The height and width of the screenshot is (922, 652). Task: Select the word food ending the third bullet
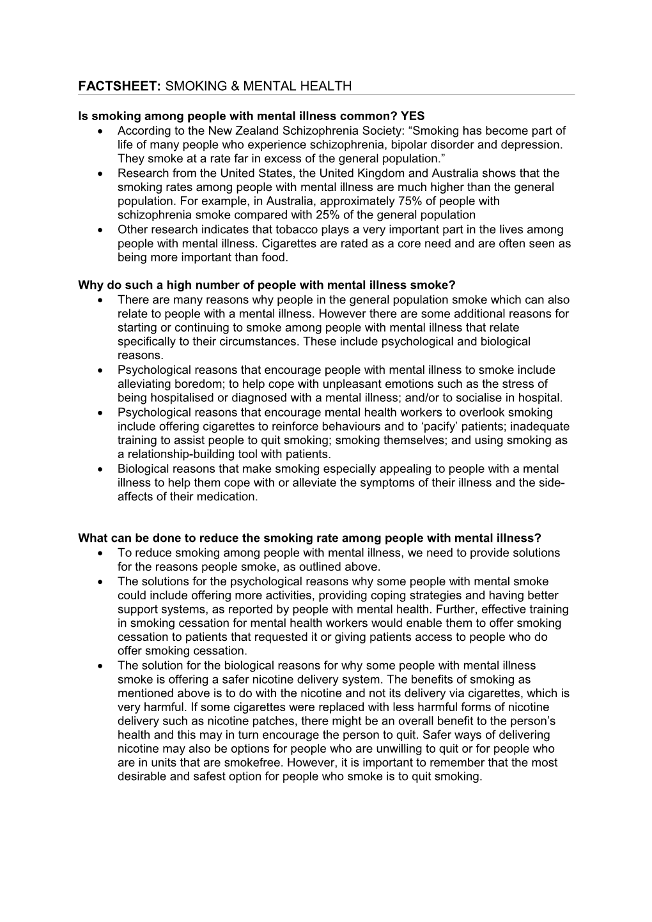275,257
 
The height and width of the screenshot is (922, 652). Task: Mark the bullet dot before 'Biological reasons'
102,469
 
